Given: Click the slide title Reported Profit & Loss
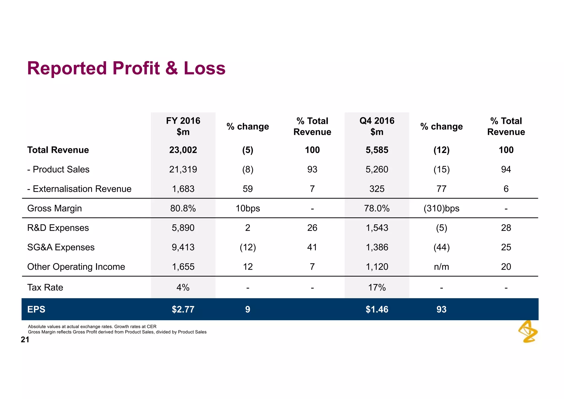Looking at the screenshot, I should point(126,68).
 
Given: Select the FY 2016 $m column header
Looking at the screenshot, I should point(183,126).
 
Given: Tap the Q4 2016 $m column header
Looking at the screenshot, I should point(377,126).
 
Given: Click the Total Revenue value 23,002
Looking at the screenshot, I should point(183,150).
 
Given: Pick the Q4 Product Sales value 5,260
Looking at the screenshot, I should point(377,169).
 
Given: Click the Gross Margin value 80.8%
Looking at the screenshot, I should point(183,208).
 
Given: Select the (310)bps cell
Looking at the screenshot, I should point(441,208).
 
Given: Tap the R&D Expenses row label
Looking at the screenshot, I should point(58,228).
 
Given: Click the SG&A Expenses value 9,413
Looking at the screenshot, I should point(183,247).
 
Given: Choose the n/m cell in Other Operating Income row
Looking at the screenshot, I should point(441,267).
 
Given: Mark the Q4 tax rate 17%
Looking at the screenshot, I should point(377,288).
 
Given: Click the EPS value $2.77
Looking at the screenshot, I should point(183,309).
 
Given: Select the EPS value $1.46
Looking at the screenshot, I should point(377,309).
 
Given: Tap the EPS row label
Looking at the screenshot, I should point(36,309).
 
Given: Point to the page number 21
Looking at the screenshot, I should point(25,340).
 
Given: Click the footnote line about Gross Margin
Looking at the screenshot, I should point(117,332).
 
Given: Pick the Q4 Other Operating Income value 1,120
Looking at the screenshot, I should point(377,267).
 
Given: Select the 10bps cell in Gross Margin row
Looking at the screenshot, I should point(248,208).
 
